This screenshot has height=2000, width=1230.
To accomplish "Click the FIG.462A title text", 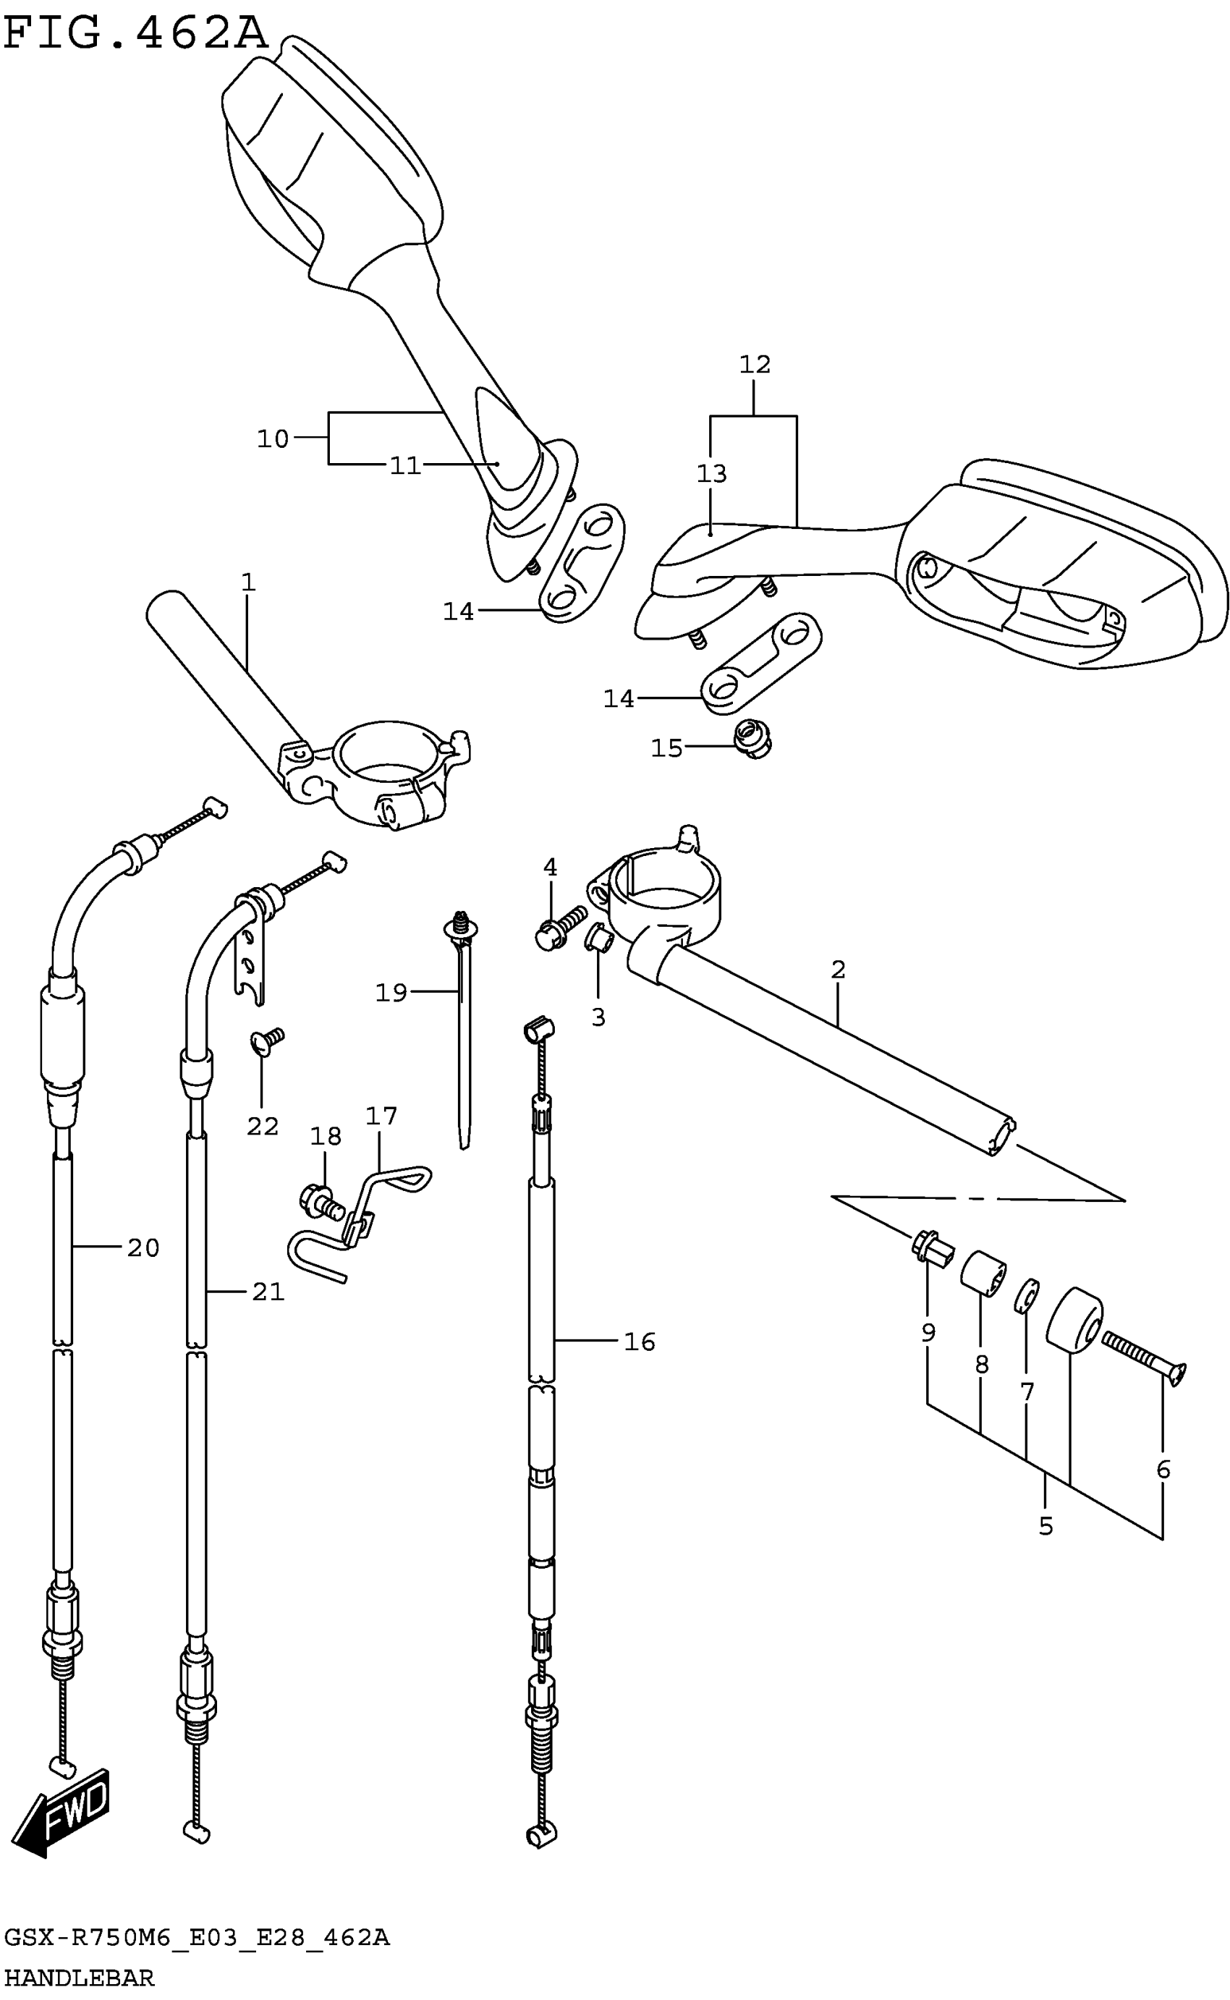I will tap(135, 34).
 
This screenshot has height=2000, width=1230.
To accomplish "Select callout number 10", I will tap(273, 439).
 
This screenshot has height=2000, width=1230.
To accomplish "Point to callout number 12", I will tap(754, 365).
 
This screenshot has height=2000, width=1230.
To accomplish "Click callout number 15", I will tap(666, 748).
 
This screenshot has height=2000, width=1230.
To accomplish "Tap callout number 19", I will tap(391, 992).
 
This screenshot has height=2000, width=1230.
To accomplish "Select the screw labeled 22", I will tap(267, 1042).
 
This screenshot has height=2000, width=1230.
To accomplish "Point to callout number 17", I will tap(381, 1116).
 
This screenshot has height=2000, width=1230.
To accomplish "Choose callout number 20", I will tap(143, 1247).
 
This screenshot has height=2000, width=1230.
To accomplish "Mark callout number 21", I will tap(268, 1292).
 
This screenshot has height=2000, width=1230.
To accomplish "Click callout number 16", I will tap(640, 1342).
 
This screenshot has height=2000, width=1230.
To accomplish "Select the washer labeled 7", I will tap(1027, 1297).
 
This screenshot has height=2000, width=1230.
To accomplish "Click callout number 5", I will tap(1045, 1526).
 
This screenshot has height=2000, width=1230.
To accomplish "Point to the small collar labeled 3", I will tap(598, 942).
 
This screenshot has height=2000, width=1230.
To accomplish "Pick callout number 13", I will tap(711, 473).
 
